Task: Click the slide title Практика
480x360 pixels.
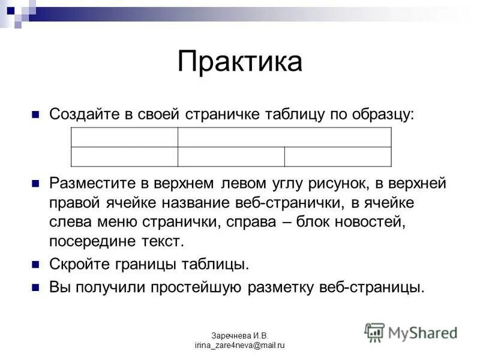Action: point(239,62)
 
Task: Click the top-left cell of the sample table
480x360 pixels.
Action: point(124,137)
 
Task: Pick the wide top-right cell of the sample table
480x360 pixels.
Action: point(284,137)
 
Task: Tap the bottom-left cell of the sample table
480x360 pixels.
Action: point(124,157)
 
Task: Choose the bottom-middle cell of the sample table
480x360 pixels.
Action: point(231,157)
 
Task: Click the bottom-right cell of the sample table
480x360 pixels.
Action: point(338,157)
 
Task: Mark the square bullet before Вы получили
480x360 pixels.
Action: point(35,286)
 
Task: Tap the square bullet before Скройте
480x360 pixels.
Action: point(35,264)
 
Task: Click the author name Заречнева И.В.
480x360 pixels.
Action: point(239,335)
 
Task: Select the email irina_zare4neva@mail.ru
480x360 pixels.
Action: point(239,345)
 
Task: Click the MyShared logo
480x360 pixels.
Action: point(411,332)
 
